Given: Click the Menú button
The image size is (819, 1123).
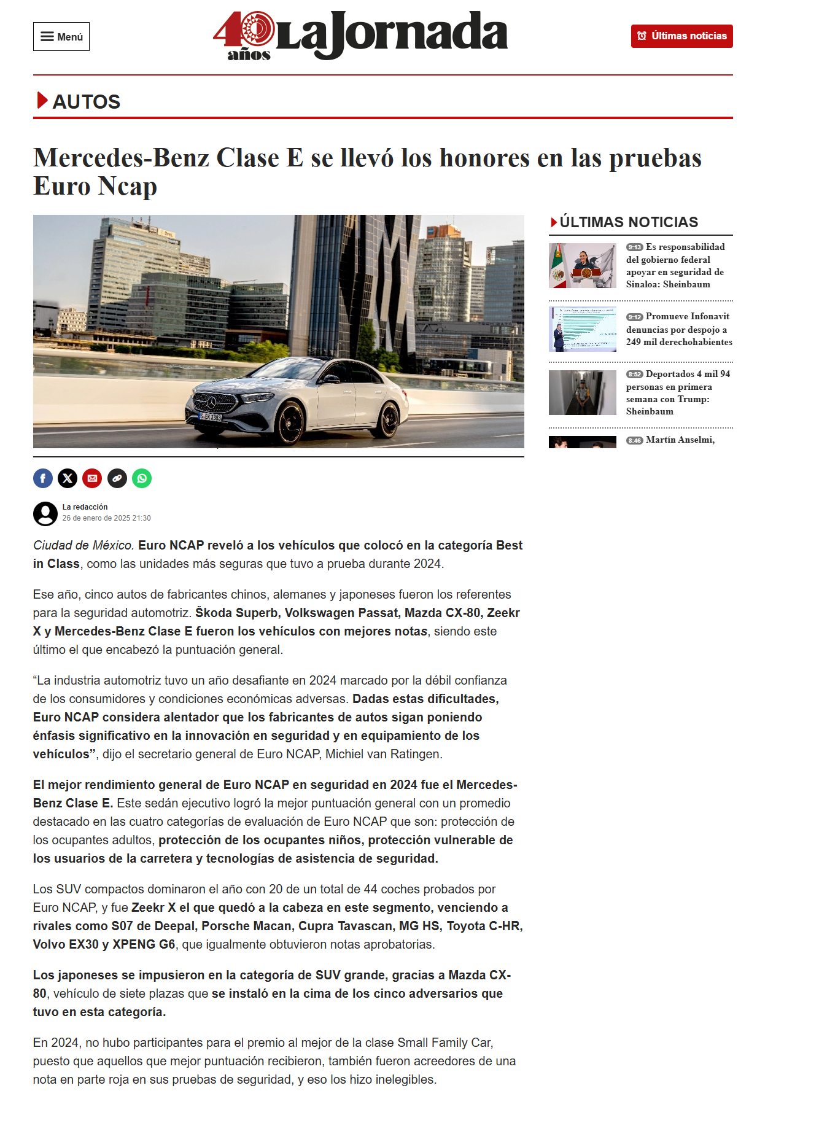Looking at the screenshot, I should (x=61, y=37).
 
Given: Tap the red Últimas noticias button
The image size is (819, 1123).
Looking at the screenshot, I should (x=681, y=36).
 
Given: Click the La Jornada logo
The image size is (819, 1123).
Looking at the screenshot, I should (x=360, y=36).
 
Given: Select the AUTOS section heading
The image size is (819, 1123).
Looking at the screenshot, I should (x=86, y=102).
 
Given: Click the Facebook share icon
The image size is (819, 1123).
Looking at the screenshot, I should (x=43, y=478).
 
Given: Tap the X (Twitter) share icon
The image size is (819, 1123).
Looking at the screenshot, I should (x=68, y=478).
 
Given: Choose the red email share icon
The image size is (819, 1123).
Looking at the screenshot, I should (x=92, y=478).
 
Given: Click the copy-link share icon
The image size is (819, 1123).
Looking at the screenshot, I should (x=117, y=478).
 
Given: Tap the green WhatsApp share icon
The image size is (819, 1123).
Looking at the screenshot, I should (x=142, y=478).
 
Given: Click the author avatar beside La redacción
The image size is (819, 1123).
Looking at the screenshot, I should (x=45, y=513).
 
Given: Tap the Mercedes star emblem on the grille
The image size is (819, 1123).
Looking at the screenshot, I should (x=212, y=403).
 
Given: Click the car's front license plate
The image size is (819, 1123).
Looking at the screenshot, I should (x=211, y=417).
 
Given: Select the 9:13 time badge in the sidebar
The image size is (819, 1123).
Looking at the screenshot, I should (x=634, y=247).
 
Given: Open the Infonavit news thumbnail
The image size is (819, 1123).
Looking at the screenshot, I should (x=582, y=329).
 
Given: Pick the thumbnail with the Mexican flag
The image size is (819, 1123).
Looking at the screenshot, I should (x=582, y=265).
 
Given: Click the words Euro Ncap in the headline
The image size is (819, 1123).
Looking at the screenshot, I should (x=95, y=187).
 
